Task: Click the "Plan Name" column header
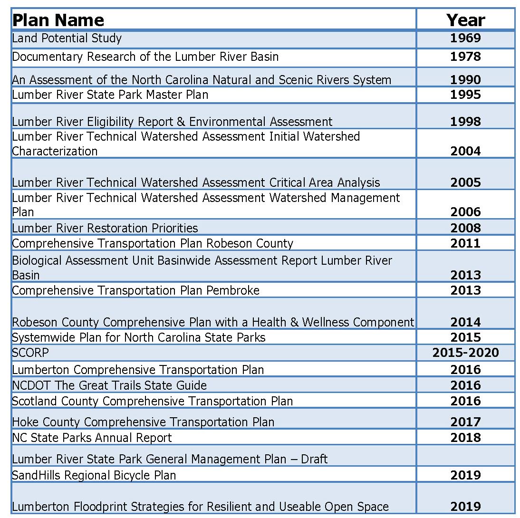58,20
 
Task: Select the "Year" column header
465,20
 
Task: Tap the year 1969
465,38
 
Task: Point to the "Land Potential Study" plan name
67,38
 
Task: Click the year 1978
465,57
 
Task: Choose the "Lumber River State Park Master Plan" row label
110,95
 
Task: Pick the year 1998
465,122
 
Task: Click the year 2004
465,151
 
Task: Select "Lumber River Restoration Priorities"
105,228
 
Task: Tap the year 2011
465,243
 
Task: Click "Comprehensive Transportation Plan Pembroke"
136,290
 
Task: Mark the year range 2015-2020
465,353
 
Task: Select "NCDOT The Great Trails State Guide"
109,385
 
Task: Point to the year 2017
465,422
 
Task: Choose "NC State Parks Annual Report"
92,437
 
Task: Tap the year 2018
465,437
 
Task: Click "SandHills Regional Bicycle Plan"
94,475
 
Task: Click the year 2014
465,322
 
